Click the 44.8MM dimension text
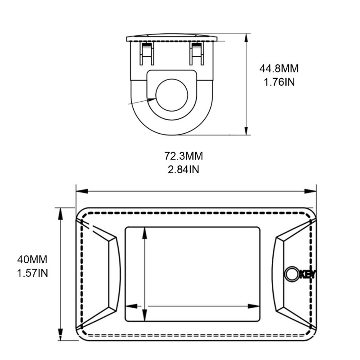click(x=279, y=69)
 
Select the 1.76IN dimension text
click(x=279, y=82)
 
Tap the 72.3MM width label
click(x=184, y=156)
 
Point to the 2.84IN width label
click(x=184, y=170)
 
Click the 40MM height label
click(x=32, y=260)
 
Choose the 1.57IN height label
click(x=32, y=273)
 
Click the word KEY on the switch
click(x=308, y=274)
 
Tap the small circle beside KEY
click(x=292, y=274)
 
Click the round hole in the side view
click(x=172, y=95)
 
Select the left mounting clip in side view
click(x=147, y=54)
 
